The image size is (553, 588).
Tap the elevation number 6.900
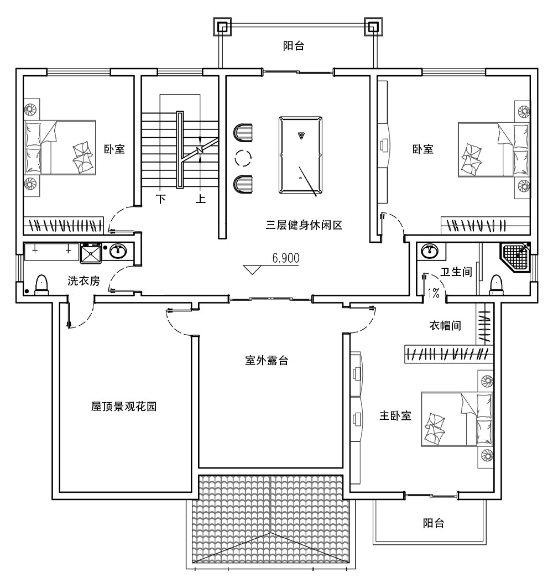coord(285,258)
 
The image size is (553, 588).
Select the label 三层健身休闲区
coord(304,225)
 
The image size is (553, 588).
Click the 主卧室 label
coord(395,416)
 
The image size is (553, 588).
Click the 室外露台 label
coord(267,361)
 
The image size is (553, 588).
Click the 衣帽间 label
coord(446,326)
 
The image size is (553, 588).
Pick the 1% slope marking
coord(433,293)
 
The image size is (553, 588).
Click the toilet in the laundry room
coord(42,284)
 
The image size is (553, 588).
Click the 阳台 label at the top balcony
coord(294,46)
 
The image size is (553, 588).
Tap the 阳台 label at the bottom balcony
coord(433,523)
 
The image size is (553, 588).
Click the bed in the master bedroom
coord(456,419)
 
